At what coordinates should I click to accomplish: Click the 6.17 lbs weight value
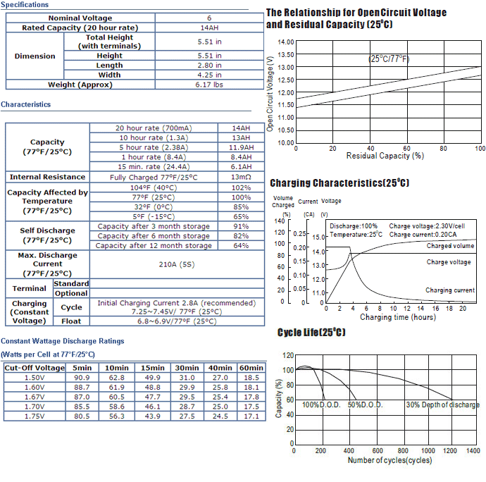(209, 85)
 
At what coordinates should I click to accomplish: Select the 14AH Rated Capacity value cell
(209, 27)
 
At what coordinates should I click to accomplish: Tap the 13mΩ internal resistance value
(241, 177)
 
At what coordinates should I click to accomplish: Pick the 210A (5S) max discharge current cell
(177, 264)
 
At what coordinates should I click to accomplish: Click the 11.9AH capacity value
(241, 147)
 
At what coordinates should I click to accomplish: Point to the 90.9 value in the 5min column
(82, 378)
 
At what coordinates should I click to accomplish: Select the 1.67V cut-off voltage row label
(35, 397)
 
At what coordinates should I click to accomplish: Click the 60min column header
(251, 368)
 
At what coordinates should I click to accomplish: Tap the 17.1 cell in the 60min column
(251, 416)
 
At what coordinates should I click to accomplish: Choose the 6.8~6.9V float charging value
(177, 321)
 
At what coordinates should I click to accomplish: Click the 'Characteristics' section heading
(26, 104)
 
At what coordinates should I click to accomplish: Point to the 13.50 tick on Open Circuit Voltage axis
(286, 54)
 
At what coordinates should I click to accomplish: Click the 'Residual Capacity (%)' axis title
(385, 156)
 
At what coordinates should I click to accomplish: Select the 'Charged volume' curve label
(450, 246)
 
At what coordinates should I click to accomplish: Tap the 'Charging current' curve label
(450, 290)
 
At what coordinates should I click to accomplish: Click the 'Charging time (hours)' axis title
(398, 317)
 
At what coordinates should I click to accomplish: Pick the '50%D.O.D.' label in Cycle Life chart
(365, 404)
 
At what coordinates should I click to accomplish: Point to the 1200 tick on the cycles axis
(450, 450)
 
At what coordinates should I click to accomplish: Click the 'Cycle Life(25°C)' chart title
(311, 332)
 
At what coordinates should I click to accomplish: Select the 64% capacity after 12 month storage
(241, 245)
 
